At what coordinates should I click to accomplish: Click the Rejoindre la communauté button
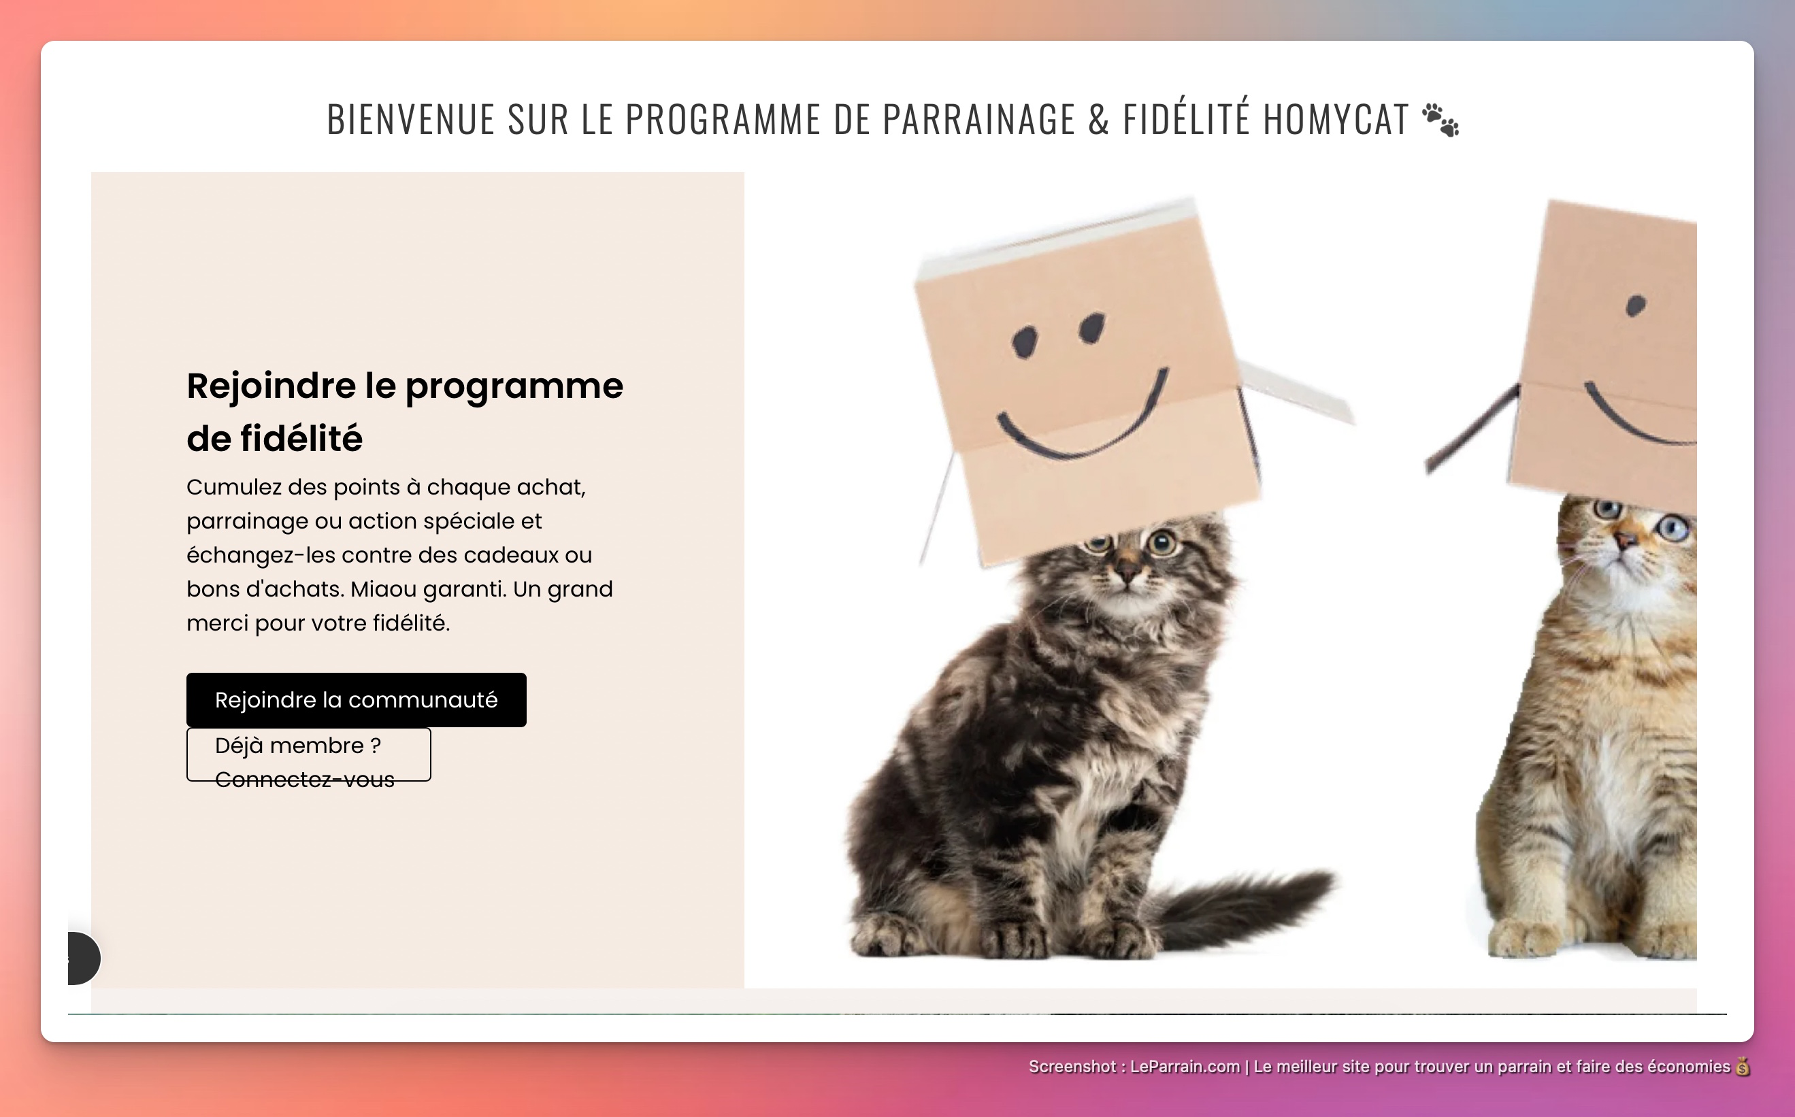click(x=355, y=699)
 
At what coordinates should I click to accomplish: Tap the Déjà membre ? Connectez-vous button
click(x=308, y=754)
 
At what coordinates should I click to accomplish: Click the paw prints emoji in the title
click(x=1441, y=120)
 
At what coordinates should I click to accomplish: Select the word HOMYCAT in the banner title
click(x=1336, y=120)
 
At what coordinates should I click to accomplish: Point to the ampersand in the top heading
click(x=1098, y=120)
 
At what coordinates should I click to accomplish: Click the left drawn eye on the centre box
click(x=1024, y=342)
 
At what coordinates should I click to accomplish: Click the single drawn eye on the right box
click(x=1635, y=305)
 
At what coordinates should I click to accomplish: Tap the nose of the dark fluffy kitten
click(x=1128, y=570)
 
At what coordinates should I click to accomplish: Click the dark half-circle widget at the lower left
click(x=83, y=958)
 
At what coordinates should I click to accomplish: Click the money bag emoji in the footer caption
click(x=1743, y=1067)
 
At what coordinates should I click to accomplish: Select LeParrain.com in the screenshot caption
click(x=1185, y=1067)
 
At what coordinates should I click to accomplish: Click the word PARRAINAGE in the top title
click(x=978, y=120)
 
